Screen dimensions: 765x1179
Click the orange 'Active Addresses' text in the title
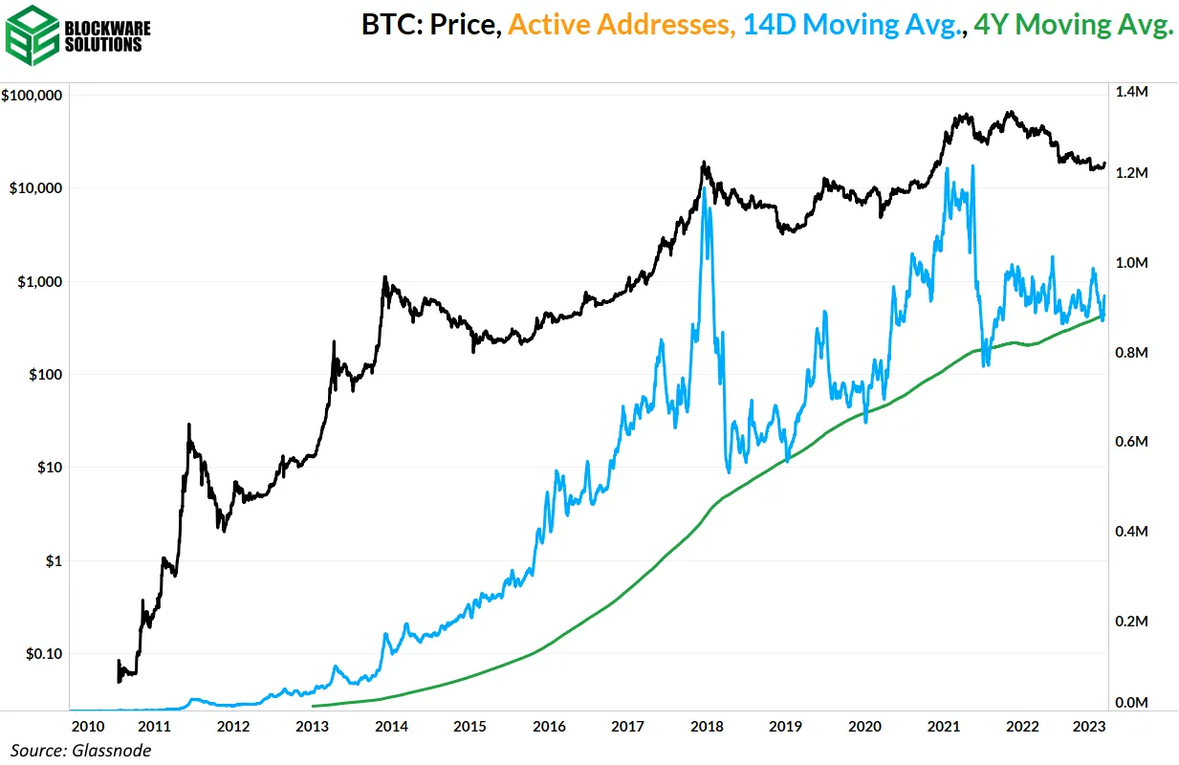[x=621, y=26]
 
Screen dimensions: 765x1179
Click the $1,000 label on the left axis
[x=38, y=282]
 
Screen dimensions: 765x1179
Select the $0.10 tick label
[x=43, y=654]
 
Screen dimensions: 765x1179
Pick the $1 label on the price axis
[x=54, y=561]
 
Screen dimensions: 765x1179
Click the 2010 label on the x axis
[x=87, y=726]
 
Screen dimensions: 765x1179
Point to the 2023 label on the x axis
[x=1092, y=726]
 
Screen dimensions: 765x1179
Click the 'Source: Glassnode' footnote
[x=80, y=750]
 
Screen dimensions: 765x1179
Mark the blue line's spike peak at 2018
[x=705, y=187]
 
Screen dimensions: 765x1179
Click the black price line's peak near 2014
[x=384, y=277]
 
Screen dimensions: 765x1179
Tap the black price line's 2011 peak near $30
[x=189, y=425]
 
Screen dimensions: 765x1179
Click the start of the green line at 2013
[x=314, y=705]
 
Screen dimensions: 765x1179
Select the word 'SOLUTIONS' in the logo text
[x=104, y=45]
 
